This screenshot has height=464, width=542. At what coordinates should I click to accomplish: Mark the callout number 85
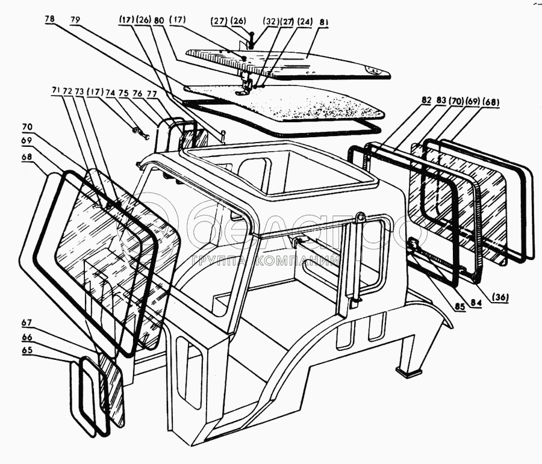459,306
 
